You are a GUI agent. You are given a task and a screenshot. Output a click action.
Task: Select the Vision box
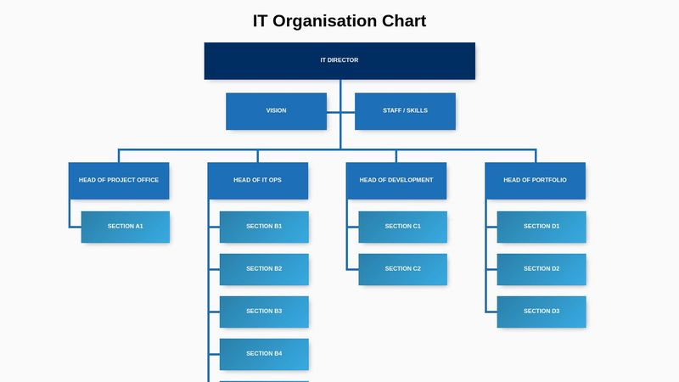coord(276,111)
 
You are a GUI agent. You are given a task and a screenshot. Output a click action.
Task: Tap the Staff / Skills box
coord(405,111)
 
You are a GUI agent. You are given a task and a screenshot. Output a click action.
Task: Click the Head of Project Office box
coord(119,181)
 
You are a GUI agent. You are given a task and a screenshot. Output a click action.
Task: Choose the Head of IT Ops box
coord(257,181)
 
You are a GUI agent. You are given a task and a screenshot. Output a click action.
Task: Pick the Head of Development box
coord(396,181)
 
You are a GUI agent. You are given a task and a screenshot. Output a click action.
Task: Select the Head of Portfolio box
coord(535,181)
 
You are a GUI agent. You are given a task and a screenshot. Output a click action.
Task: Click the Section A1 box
coord(126,227)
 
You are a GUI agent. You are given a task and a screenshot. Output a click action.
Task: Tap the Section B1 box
coord(264,227)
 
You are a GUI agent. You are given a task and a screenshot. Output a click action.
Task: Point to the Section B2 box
coord(264,269)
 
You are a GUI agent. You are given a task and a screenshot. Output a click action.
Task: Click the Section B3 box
coord(264,312)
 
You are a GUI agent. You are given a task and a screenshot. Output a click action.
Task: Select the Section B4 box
coord(264,354)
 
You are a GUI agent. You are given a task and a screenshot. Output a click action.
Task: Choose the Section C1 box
coord(403,227)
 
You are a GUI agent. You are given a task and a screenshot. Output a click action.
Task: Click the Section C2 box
coord(403,269)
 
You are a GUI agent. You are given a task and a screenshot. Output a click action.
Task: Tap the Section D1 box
coord(542,227)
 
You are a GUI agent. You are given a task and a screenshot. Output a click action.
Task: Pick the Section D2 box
coord(542,269)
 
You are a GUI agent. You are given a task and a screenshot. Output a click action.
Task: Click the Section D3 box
coord(542,312)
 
